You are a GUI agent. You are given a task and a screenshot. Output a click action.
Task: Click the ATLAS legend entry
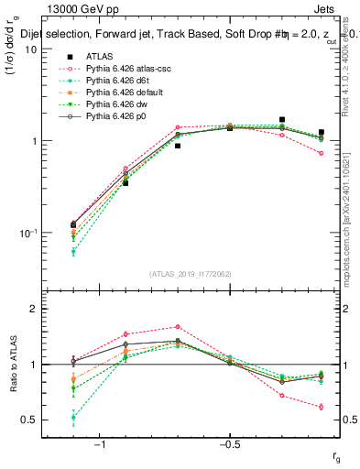click(99, 57)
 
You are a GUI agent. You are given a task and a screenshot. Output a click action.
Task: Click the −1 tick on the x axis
click(99, 445)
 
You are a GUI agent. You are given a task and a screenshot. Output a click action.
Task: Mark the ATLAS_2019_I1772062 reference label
click(191, 274)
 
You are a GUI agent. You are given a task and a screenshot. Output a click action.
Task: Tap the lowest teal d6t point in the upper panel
click(73, 251)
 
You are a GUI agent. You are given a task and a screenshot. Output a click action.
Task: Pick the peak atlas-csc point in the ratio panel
click(178, 326)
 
